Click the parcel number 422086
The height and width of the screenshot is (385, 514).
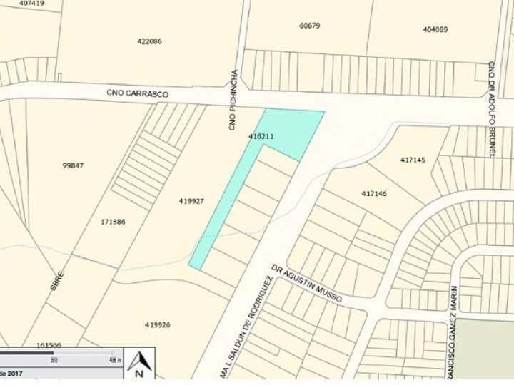click(149, 41)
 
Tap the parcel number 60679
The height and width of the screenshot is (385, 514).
click(310, 26)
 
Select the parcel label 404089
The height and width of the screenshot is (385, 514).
click(435, 29)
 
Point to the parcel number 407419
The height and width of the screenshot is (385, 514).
click(31, 4)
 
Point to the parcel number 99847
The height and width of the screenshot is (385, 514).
click(73, 165)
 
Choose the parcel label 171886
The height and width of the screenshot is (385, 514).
click(113, 222)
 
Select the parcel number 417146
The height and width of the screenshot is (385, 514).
click(374, 193)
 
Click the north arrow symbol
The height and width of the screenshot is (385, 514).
click(139, 364)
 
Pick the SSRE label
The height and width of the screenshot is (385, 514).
click(58, 283)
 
